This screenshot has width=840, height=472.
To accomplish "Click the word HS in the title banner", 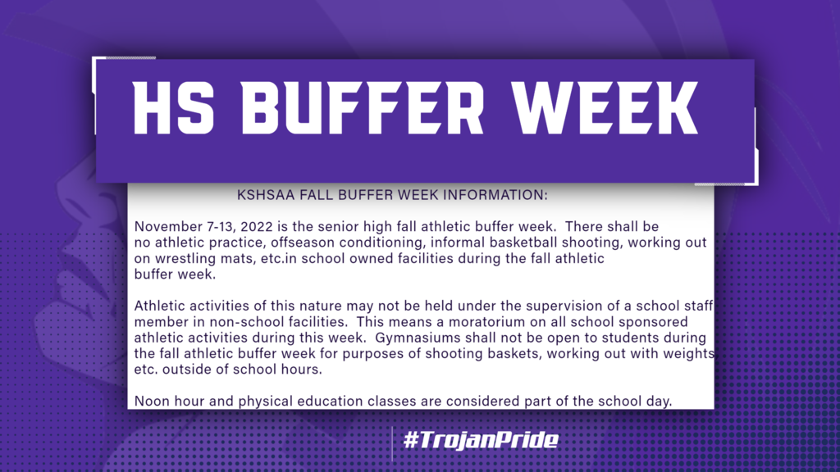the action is [x=173, y=108].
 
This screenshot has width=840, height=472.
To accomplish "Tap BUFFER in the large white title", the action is [x=362, y=108].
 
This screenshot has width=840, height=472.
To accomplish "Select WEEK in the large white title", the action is [x=605, y=108].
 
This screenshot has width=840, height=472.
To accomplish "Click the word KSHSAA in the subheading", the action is [x=266, y=195].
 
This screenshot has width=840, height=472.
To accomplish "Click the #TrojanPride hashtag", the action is [x=481, y=440].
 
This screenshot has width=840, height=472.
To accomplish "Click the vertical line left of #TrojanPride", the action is [x=392, y=444].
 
